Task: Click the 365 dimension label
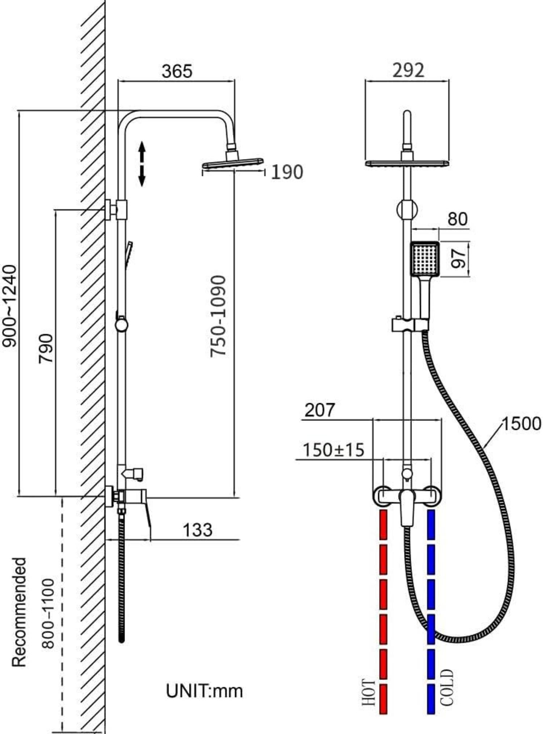pos(177,71)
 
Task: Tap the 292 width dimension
pos(408,70)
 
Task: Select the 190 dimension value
pos(287,172)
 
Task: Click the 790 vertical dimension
pos(46,348)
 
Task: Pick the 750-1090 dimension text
pos(218,316)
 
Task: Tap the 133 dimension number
pos(198,530)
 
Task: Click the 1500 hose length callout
pos(521,423)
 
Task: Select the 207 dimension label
pos(320,410)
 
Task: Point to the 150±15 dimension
pos(333,450)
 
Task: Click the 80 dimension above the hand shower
pos(457,219)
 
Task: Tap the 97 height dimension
pos(460,259)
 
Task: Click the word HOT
pos(369,692)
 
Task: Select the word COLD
pos(446,688)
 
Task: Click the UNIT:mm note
pos(204,691)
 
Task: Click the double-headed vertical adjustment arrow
pos(142,164)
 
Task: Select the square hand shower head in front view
pos(425,259)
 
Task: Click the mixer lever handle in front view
pos(407,507)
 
